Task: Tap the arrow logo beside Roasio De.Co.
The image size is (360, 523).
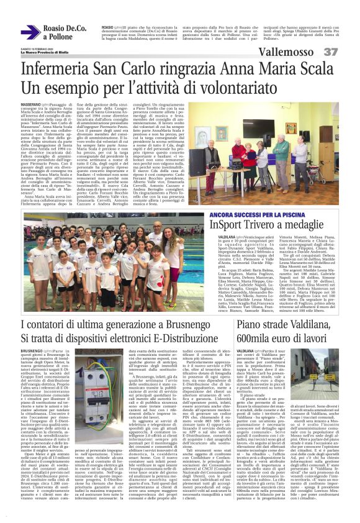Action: pos(30,33)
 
